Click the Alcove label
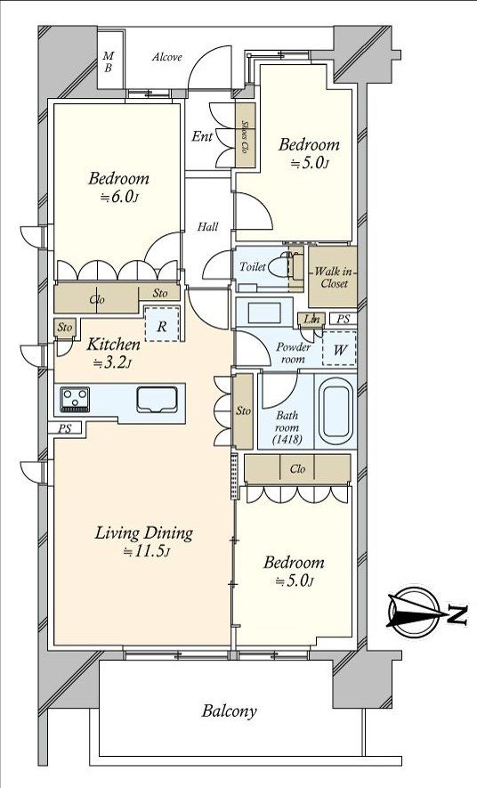[x=167, y=57]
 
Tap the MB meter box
[x=109, y=61]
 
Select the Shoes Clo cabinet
[x=246, y=135]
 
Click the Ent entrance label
[x=202, y=136]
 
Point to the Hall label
[x=207, y=227]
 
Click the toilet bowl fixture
[x=280, y=266]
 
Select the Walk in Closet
[x=333, y=277]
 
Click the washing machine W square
[x=339, y=349]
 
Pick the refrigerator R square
[x=162, y=325]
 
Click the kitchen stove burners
[x=75, y=400]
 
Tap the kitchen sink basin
[x=158, y=400]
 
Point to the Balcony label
[x=230, y=711]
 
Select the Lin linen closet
[x=311, y=320]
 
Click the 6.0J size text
[x=118, y=198]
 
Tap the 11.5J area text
[x=147, y=552]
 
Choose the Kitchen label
[x=114, y=345]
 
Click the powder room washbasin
[x=264, y=313]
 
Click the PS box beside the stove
[x=65, y=428]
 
